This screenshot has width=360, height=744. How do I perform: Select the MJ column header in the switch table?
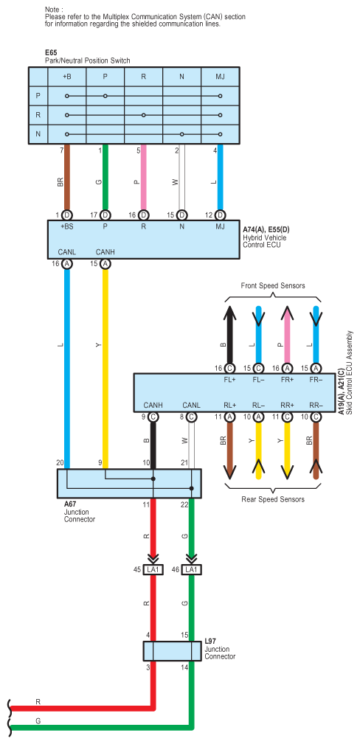tap(220, 77)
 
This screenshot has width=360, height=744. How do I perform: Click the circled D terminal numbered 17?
tap(105, 215)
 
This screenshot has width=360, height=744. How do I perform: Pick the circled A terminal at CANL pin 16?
tap(67, 264)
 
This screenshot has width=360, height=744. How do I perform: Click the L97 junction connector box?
tap(172, 650)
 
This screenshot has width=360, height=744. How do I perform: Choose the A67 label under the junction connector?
tap(70, 504)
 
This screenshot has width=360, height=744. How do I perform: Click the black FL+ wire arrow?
tap(229, 334)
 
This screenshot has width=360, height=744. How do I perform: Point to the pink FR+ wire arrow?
tap(286, 334)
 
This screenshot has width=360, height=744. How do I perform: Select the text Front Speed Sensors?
tap(273, 285)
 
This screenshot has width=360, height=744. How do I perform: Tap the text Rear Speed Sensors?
tap(273, 499)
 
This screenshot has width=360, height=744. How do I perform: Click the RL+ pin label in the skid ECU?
tap(230, 406)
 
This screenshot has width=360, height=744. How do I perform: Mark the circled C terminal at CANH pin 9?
tap(153, 417)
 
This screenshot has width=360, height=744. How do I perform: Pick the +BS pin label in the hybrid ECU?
tap(67, 226)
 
